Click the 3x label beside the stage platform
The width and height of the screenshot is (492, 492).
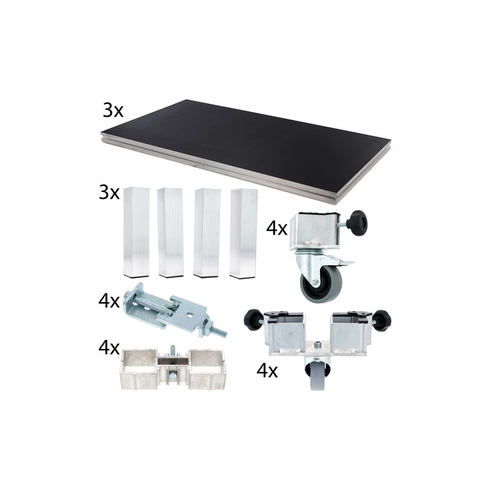113,111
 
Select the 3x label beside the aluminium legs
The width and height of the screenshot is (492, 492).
109,192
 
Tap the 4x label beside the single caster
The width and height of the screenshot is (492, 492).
277,228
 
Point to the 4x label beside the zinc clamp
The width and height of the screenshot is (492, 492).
109,301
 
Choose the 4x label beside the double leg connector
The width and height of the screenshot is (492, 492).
109,348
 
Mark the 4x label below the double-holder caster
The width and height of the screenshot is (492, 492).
267,370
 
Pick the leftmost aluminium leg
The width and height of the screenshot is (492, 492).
136,232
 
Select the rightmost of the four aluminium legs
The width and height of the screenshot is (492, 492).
243,233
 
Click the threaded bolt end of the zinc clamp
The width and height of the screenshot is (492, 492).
220,332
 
